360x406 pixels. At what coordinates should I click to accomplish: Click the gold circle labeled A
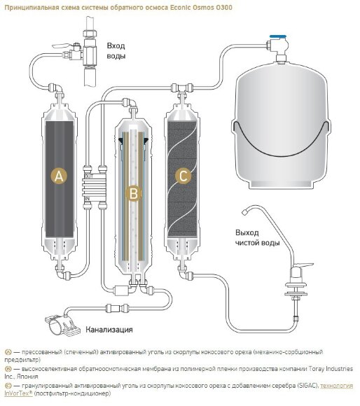[59, 176]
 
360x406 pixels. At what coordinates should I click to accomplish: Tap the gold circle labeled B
[134, 194]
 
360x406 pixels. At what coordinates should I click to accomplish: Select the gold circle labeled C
[183, 176]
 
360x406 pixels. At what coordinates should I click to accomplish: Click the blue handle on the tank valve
[278, 37]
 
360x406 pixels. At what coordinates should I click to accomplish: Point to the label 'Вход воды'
[116, 50]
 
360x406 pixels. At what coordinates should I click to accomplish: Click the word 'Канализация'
[109, 330]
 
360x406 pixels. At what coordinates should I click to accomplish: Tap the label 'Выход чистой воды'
[258, 238]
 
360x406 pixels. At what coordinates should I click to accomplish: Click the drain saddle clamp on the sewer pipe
[62, 324]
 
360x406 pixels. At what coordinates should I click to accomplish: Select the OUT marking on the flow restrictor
[89, 176]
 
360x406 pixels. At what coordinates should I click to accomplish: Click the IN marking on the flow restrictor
[88, 199]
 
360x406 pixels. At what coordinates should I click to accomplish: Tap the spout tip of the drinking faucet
[244, 212]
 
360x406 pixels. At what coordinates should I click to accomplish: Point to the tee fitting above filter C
[182, 89]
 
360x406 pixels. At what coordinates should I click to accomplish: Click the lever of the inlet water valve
[61, 46]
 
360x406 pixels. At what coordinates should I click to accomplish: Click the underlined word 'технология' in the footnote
[337, 386]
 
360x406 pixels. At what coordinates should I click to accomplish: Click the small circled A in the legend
[8, 352]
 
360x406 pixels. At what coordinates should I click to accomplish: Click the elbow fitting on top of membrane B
[130, 103]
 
